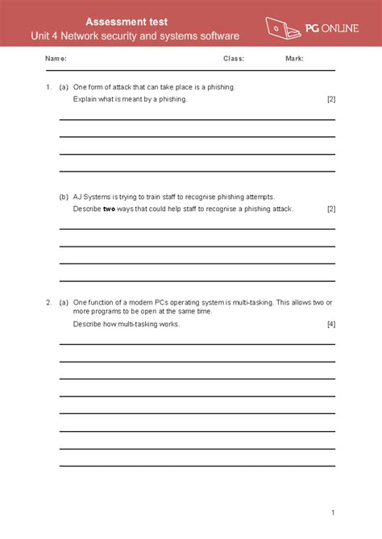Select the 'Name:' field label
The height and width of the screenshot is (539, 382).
[56, 59]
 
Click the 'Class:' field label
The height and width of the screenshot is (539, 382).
[234, 59]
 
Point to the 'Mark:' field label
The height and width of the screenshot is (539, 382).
[294, 59]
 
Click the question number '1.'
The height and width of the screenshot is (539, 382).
[49, 86]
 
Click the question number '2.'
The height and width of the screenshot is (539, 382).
[49, 302]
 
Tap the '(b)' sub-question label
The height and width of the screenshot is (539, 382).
[64, 197]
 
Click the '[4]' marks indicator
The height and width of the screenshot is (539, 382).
[330, 324]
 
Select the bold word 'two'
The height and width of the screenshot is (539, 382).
[110, 209]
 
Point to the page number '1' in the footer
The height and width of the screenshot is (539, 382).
[332, 512]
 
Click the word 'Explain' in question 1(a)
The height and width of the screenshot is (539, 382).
[85, 99]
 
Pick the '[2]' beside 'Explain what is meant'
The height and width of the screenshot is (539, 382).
[330, 99]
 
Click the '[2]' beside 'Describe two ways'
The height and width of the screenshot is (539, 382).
[330, 209]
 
